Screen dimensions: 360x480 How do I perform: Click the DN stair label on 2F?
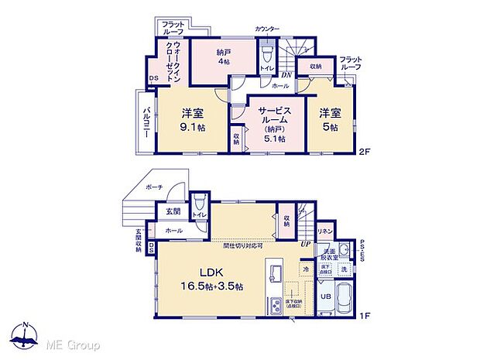click(286, 74)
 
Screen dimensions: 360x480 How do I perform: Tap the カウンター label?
click(267, 29)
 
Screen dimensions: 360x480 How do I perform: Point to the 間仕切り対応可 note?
click(242, 245)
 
